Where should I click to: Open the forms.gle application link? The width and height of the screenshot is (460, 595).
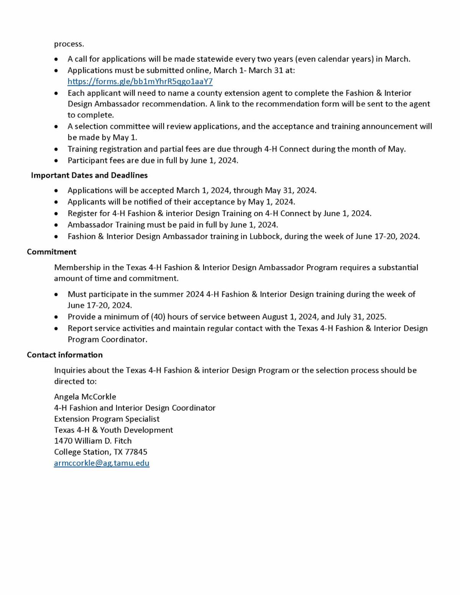tap(140, 82)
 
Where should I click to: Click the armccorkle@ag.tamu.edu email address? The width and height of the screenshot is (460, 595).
tap(102, 463)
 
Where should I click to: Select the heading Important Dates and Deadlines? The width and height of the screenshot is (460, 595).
tap(89, 175)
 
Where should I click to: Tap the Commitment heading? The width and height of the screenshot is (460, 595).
tap(51, 252)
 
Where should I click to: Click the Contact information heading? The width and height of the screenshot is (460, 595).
tap(65, 355)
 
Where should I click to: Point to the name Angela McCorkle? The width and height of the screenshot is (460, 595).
tap(85, 397)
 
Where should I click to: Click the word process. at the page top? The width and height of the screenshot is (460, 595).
tap(69, 44)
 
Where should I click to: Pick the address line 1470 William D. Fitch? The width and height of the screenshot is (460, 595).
tap(93, 441)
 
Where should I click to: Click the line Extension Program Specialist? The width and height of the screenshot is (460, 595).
tap(107, 419)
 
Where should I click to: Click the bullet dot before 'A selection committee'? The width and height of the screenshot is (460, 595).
tap(57, 126)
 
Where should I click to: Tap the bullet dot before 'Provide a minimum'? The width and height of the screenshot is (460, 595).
tap(57, 317)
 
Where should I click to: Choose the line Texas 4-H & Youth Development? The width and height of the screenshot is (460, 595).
tap(113, 430)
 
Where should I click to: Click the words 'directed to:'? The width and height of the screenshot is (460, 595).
tap(75, 381)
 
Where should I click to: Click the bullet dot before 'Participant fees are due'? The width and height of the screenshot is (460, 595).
tap(57, 161)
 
